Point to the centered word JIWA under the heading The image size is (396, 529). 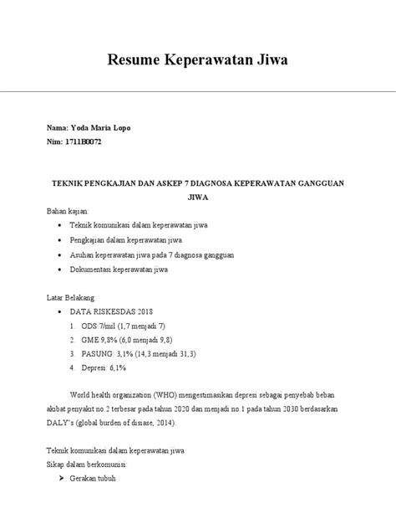pyautogui.click(x=197, y=198)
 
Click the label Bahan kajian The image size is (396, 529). pyautogui.click(x=70, y=213)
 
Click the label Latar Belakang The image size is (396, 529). pyautogui.click(x=72, y=298)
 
